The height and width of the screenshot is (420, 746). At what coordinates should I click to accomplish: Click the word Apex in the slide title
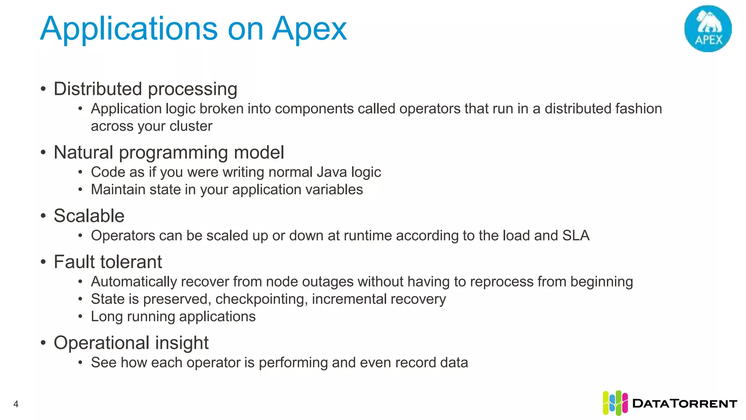pos(309,29)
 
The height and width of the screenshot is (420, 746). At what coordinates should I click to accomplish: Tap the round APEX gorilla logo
pos(708,29)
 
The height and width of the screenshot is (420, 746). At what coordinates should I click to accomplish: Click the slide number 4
pos(16,404)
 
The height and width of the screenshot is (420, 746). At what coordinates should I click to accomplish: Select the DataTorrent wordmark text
pos(685,404)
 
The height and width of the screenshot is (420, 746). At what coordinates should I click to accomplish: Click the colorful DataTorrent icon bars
pos(615,403)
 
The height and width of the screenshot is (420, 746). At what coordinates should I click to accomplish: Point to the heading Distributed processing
pos(145,89)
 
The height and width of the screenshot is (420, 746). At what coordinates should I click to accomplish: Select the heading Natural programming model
pos(169,152)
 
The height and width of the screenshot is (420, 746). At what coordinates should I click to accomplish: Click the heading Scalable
pos(89,216)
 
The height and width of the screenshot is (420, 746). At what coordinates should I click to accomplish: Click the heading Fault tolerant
pos(108,262)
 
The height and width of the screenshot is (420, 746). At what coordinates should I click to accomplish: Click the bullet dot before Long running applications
pos(81,316)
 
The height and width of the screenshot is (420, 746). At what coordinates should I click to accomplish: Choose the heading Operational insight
pos(131,343)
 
